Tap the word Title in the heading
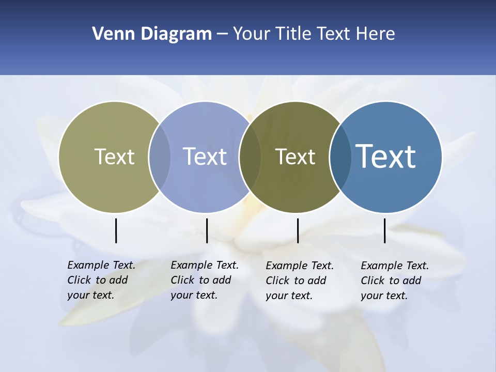[x=293, y=34]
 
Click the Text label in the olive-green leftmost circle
[x=114, y=157]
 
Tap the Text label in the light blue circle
[x=205, y=157]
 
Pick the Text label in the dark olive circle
[x=295, y=157]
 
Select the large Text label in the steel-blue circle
[x=385, y=157]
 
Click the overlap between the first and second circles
[x=160, y=157]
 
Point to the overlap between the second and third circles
[x=250, y=157]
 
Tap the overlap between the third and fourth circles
[x=340, y=157]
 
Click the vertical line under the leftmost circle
[x=116, y=230]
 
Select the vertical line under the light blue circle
[x=207, y=230]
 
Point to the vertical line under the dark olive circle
[x=298, y=230]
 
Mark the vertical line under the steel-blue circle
[x=385, y=230]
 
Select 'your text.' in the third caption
[x=289, y=296]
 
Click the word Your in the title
[x=251, y=34]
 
